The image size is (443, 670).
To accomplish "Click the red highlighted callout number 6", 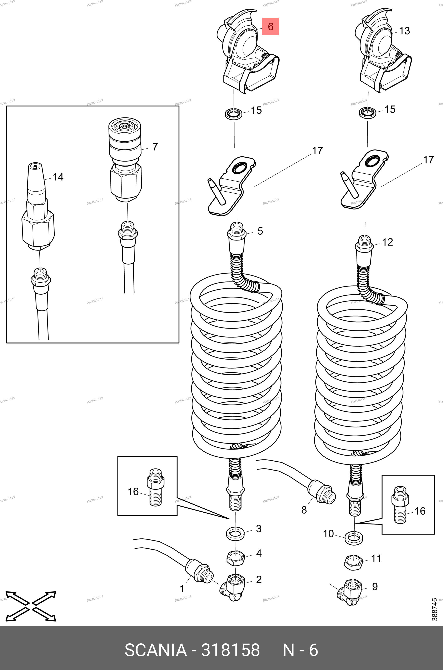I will tap(270, 26).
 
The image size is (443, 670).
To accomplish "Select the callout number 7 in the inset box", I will tap(155, 147).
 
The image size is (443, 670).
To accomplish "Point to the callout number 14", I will tap(58, 177).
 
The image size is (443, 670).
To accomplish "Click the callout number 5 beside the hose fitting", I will tap(260, 231).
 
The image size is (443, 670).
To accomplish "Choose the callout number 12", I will tap(387, 242).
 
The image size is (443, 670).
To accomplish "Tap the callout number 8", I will tap(304, 510).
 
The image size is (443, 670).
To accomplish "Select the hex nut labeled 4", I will tap(235, 559).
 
